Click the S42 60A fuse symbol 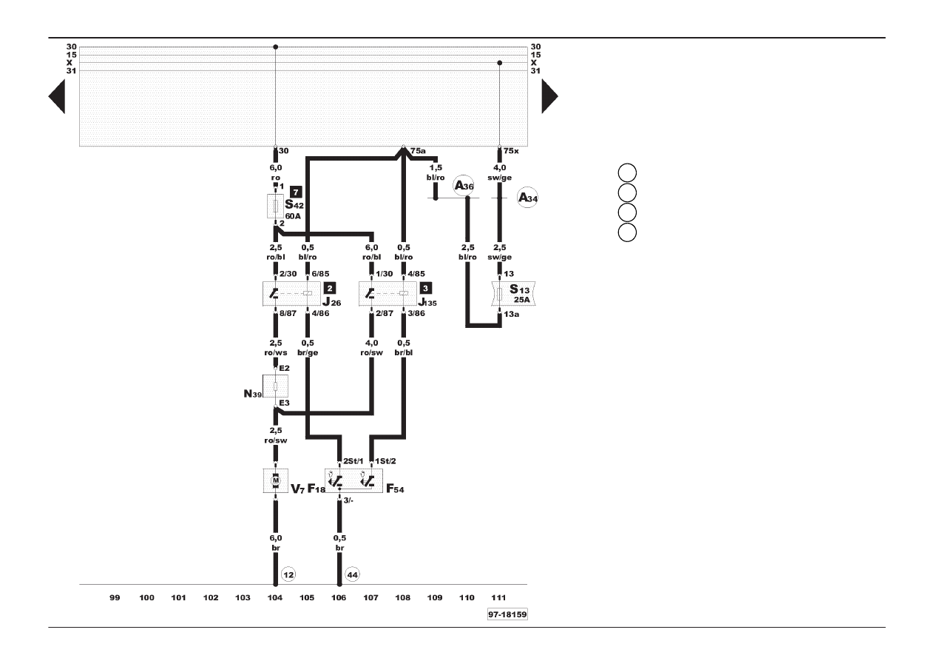click(276, 206)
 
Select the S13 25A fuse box click(513, 294)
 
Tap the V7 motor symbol click(276, 480)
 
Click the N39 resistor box click(275, 386)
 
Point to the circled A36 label click(464, 185)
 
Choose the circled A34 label click(527, 198)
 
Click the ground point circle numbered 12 click(288, 574)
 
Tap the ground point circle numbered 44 click(352, 574)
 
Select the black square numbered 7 click(296, 192)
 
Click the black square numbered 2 click(330, 288)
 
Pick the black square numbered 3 click(426, 288)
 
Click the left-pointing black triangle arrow click(57, 96)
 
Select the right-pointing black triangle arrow click(550, 96)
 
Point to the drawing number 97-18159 click(507, 614)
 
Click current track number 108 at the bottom click(403, 597)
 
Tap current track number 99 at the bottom click(115, 597)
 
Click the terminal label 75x click(511, 151)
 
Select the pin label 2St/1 click(353, 461)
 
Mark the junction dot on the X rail click(499, 63)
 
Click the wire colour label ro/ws click(276, 352)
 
